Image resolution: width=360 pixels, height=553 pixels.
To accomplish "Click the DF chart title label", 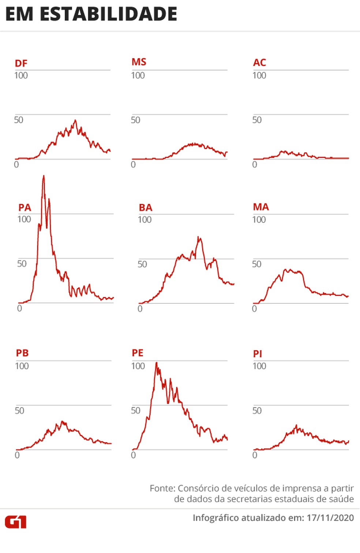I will pyautogui.click(x=21, y=63).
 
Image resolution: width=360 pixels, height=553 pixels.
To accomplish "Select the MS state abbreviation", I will pyautogui.click(x=139, y=62).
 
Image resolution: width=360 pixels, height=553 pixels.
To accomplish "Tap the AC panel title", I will pyautogui.click(x=259, y=63).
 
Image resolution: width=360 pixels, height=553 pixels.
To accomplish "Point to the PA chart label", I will pyautogui.click(x=25, y=208).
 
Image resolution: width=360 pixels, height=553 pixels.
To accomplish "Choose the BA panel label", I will pyautogui.click(x=145, y=208).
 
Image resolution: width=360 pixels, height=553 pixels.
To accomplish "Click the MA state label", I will pyautogui.click(x=261, y=207).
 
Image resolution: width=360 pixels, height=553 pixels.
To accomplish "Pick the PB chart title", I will pyautogui.click(x=22, y=353).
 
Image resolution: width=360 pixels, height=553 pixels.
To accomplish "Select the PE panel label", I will pyautogui.click(x=138, y=353).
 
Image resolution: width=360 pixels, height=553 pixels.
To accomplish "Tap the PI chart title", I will pyautogui.click(x=258, y=354).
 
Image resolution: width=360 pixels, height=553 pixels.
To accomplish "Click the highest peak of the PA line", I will pyautogui.click(x=44, y=176).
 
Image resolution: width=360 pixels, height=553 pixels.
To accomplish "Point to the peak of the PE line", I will pyautogui.click(x=157, y=363).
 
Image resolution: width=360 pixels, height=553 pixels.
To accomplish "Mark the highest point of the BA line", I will pyautogui.click(x=199, y=237).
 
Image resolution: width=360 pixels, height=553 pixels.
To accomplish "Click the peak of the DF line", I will pyautogui.click(x=75, y=120).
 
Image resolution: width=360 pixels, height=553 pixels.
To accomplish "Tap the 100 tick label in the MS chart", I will pyautogui.click(x=138, y=76).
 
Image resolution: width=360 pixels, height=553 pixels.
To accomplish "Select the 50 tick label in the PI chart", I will pyautogui.click(x=257, y=411).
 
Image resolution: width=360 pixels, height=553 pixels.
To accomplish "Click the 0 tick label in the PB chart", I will pyautogui.click(x=17, y=455).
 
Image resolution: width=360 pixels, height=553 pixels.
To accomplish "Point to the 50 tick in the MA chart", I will pyautogui.click(x=256, y=264).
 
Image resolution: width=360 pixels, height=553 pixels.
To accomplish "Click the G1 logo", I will pyautogui.click(x=15, y=522).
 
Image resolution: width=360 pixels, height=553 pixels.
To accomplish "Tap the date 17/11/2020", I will pyautogui.click(x=330, y=518).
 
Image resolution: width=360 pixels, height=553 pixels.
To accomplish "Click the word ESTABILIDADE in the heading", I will pyautogui.click(x=108, y=15).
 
